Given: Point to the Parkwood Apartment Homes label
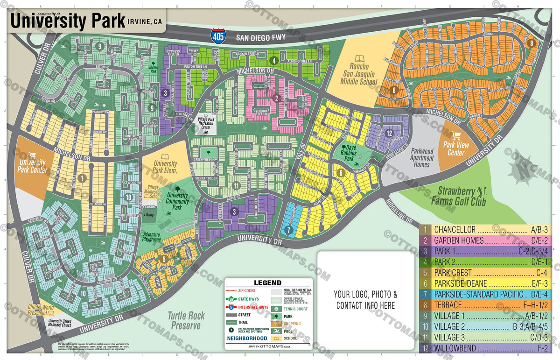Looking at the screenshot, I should coord(421,158).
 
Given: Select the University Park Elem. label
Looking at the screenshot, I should coord(165,167).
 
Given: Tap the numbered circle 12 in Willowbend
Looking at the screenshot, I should coord(389,133).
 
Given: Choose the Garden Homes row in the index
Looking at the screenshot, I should coord(486,241).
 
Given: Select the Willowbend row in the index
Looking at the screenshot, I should coord(486,348).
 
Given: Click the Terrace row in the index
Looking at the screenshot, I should coord(486,305).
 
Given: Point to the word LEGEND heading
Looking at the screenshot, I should coord(267,282).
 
